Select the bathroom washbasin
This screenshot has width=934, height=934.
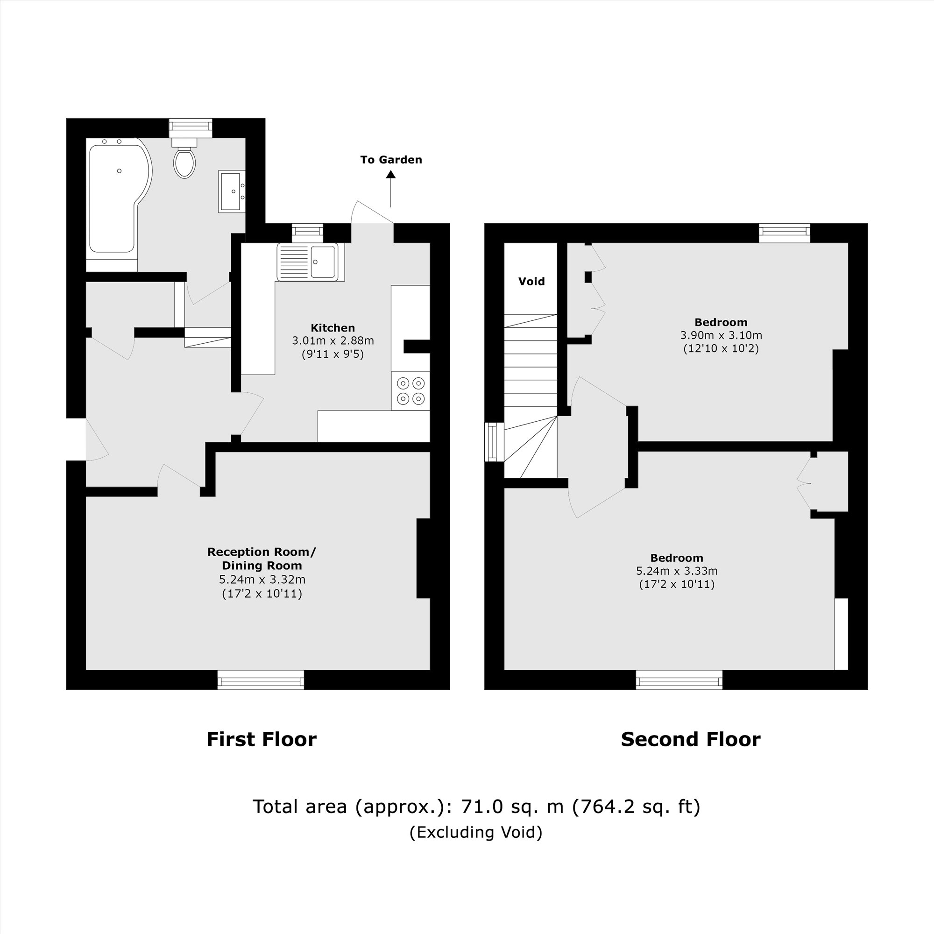[x=231, y=191]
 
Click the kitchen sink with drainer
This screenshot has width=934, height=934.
[x=307, y=262]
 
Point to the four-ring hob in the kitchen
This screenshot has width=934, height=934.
[x=410, y=390]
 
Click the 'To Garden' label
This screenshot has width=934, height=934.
[x=390, y=160]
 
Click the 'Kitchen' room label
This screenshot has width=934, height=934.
[x=333, y=328]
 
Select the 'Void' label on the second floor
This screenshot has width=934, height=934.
[x=531, y=281]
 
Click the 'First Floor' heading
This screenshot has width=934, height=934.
[x=262, y=739]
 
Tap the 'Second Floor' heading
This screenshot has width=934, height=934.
[x=690, y=739]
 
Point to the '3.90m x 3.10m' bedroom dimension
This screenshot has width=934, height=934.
[x=721, y=335]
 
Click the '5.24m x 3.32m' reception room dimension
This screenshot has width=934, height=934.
[x=262, y=579]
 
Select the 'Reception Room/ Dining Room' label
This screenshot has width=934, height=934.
[x=262, y=559]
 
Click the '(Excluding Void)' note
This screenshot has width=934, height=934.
[x=476, y=832]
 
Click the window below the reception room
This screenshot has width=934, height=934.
[x=261, y=679]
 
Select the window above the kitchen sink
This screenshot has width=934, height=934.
[x=307, y=233]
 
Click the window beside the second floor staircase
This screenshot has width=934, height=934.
[x=493, y=441]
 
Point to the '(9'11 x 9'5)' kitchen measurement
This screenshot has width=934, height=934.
[x=333, y=354]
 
